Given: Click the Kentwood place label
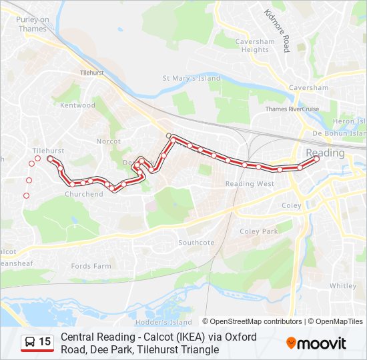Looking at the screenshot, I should click(78, 105).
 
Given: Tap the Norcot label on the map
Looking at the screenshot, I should click(108, 141).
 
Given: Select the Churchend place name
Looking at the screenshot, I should click(84, 194).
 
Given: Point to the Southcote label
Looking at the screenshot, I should click(196, 242).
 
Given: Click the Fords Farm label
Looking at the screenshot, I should click(91, 266).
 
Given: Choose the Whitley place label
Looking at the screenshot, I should click(342, 285).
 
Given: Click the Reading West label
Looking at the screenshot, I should click(250, 183).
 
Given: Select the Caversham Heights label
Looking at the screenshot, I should click(255, 45).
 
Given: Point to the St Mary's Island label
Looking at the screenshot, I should click(192, 78).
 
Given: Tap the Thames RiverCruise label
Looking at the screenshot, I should click(292, 109).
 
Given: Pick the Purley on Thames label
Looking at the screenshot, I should click(33, 24).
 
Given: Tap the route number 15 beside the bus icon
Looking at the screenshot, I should click(45, 342).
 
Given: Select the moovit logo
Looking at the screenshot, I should click(316, 343).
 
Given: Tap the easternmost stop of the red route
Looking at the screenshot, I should click(316, 158).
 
